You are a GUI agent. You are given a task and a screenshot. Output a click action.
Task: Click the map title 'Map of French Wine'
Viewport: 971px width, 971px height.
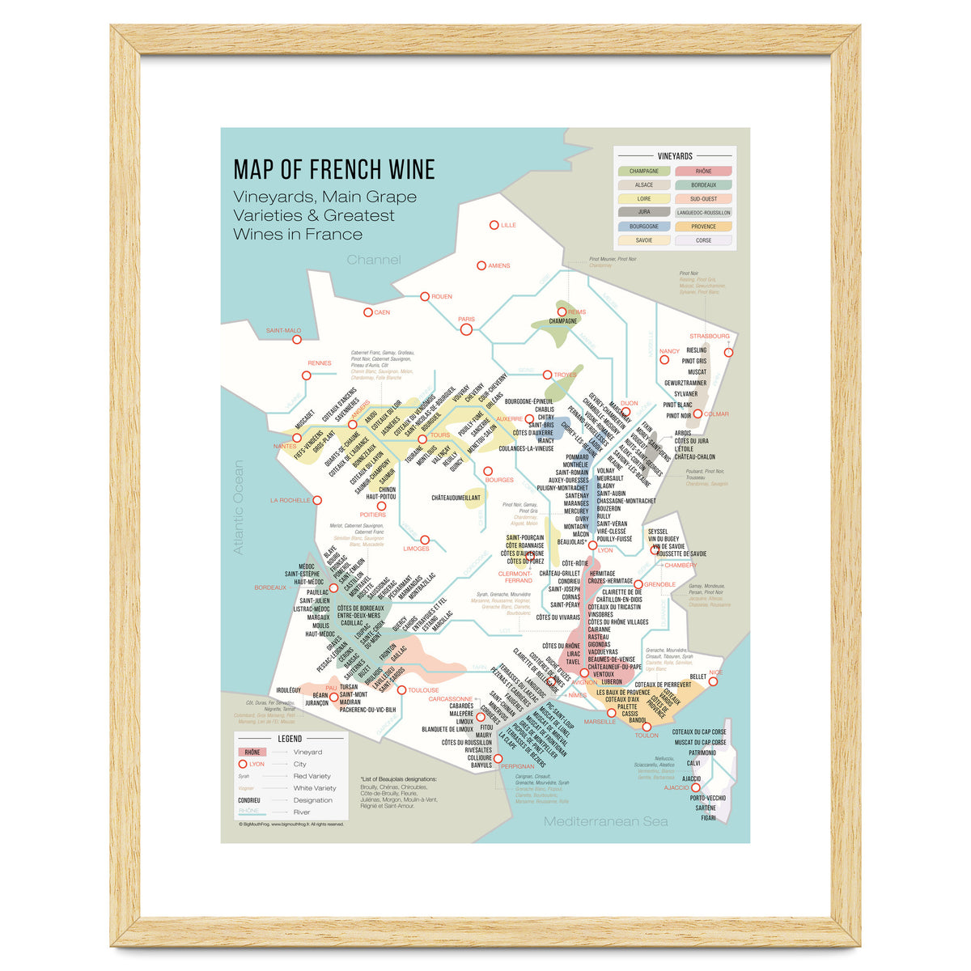[334, 169]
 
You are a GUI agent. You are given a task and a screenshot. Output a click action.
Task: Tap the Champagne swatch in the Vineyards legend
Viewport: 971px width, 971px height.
[644, 172]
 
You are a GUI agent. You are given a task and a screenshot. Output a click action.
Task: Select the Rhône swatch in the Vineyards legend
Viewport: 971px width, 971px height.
[703, 172]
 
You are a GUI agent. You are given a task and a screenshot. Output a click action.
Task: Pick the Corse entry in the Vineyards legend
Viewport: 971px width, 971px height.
[703, 240]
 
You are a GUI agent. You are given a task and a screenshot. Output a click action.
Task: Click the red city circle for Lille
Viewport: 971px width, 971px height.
[494, 225]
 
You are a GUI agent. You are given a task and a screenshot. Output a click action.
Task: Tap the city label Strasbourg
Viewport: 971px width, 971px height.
[709, 336]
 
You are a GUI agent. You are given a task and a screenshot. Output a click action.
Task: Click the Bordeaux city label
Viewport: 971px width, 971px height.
[270, 587]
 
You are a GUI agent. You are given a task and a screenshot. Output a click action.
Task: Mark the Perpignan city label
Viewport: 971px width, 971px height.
[517, 765]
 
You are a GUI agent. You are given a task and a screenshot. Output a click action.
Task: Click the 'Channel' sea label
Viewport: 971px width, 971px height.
[374, 260]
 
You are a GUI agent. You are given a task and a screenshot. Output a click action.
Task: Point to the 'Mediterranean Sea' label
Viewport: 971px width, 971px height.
[606, 821]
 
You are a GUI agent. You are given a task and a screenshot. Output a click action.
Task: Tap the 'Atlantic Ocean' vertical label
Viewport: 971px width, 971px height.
[238, 507]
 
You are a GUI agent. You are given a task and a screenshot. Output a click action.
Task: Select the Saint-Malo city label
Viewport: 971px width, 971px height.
[283, 330]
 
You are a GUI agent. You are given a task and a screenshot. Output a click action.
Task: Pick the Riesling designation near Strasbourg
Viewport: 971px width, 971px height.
[696, 350]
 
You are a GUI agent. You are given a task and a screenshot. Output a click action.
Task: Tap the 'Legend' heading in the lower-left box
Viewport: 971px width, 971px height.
[290, 739]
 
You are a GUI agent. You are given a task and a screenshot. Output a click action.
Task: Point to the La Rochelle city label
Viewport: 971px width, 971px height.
[290, 500]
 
